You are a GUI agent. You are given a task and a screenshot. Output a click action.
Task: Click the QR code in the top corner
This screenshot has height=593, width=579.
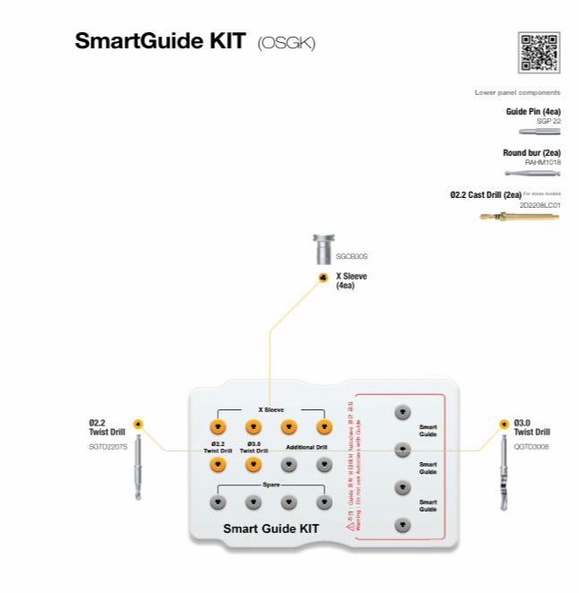tap(539, 53)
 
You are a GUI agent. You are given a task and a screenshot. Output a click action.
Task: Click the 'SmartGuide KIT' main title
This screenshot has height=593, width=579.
tap(160, 42)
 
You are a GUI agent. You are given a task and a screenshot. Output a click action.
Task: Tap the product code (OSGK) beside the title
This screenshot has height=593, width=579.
tap(286, 44)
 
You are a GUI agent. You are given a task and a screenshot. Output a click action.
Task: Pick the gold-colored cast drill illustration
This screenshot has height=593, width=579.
tap(519, 216)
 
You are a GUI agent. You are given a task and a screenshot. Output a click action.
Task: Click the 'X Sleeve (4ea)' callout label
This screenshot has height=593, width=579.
tap(350, 280)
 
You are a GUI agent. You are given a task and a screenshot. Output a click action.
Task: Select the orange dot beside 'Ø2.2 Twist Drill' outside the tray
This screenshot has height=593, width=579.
tap(137, 424)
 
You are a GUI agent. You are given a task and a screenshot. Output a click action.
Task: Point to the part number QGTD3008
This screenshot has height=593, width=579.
tap(531, 446)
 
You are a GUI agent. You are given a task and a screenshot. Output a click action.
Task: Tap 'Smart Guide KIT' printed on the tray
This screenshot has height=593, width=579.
tap(271, 529)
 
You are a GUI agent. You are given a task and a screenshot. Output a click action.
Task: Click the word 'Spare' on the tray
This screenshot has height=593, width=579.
tap(271, 485)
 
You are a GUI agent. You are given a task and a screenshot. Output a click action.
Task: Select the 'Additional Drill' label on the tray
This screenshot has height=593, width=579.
tap(307, 446)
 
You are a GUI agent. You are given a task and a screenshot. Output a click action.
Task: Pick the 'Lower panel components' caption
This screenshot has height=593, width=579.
tap(517, 92)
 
